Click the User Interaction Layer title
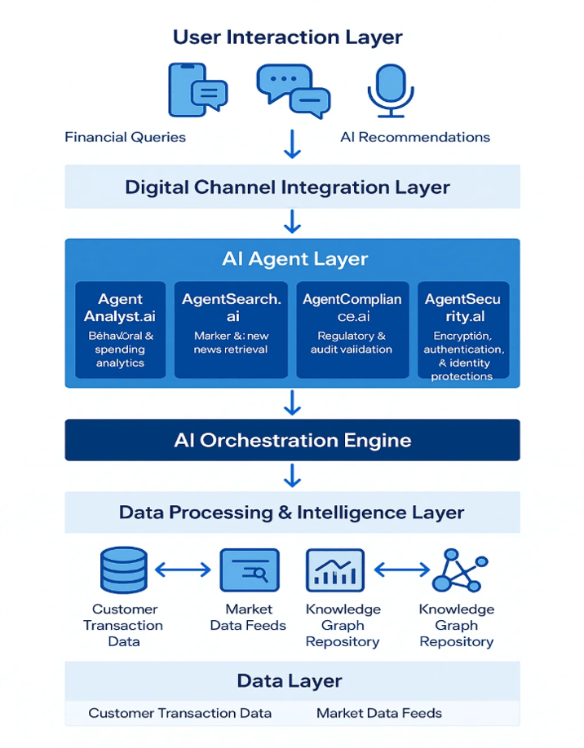[x=287, y=37]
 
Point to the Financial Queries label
[x=125, y=137]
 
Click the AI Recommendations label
[x=414, y=137]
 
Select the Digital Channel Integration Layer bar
[x=292, y=187]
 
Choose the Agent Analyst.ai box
[x=120, y=330]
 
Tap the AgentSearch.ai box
[x=231, y=330]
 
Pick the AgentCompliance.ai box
[x=352, y=330]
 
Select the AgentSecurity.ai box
[x=462, y=330]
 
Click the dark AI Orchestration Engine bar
[x=292, y=441]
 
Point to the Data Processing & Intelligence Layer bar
[x=292, y=513]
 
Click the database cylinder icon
[x=123, y=570]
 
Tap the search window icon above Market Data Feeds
[x=249, y=570]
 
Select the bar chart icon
[x=334, y=570]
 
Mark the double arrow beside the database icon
[x=184, y=570]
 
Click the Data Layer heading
[x=290, y=681]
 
